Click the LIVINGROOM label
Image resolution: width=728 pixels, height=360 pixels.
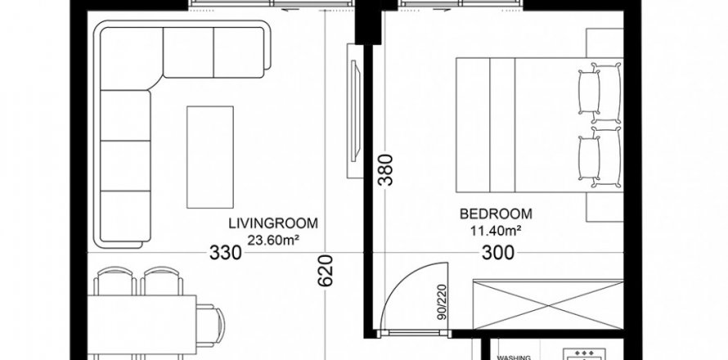(273, 223)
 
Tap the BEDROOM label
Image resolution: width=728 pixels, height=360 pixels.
(496, 214)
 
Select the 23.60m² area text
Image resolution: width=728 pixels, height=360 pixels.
(273, 241)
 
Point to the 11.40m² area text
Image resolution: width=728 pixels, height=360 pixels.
(496, 231)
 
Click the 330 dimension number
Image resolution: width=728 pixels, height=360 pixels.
(226, 253)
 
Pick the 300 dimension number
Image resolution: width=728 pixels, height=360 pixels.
(498, 253)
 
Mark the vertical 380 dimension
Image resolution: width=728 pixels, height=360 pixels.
(385, 170)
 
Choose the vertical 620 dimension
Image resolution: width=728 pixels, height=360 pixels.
(326, 270)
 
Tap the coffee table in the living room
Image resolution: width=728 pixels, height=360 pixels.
(210, 157)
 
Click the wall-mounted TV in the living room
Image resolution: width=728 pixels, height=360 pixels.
(355, 110)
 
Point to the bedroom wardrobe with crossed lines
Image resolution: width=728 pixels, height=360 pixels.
(548, 304)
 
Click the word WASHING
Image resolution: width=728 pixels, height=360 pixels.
(514, 358)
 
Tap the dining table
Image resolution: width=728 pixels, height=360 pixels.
(142, 324)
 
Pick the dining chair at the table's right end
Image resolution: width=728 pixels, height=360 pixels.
(210, 325)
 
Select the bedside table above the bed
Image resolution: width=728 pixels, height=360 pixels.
(604, 43)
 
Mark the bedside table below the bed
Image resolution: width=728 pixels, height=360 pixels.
(604, 207)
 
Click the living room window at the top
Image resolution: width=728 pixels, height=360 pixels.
(272, 4)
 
